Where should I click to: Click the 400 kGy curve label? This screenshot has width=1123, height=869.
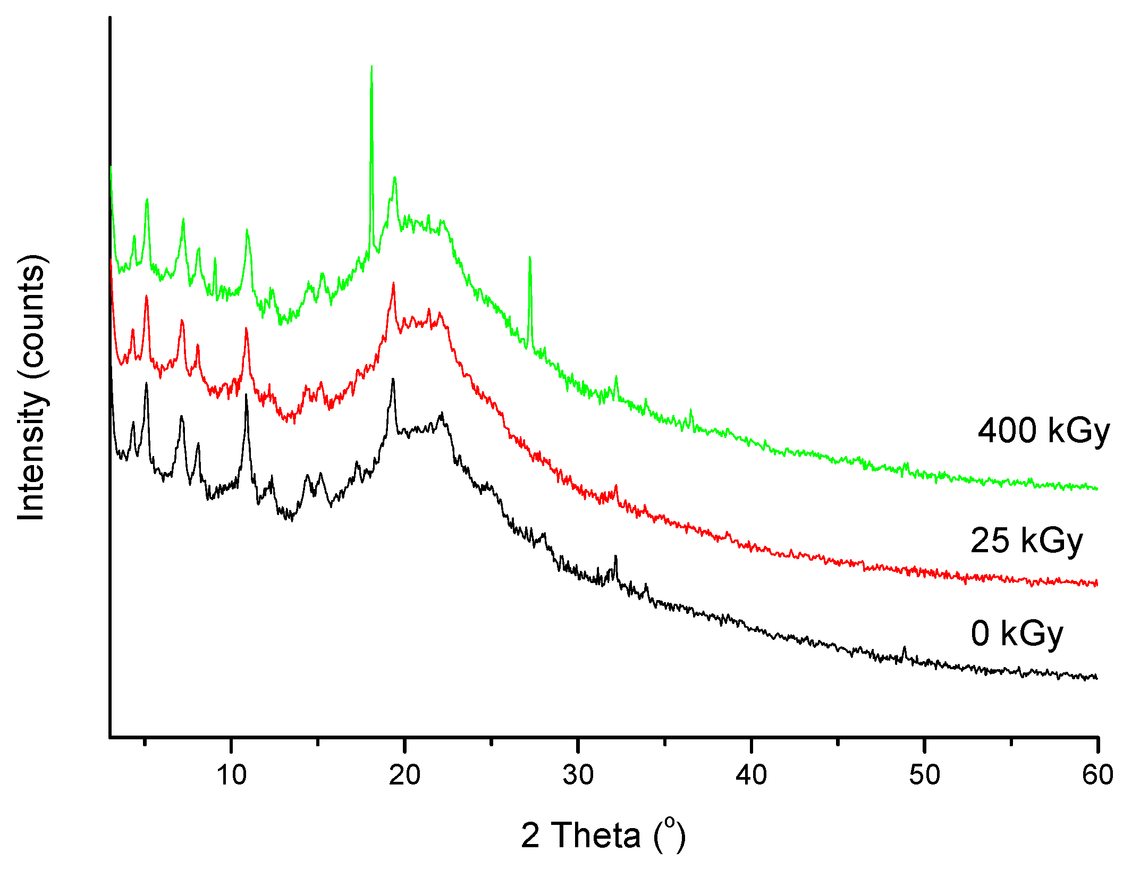pyautogui.click(x=1043, y=431)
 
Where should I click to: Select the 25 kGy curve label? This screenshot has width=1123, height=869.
pyautogui.click(x=1026, y=541)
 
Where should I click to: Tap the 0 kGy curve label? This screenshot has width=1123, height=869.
pyautogui.click(x=1017, y=634)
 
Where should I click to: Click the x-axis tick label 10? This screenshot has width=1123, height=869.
pyautogui.click(x=232, y=775)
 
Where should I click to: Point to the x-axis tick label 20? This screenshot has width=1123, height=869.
pyautogui.click(x=404, y=775)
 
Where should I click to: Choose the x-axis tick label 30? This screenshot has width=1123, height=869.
pyautogui.click(x=578, y=775)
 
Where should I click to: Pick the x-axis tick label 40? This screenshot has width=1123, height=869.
pyautogui.click(x=752, y=775)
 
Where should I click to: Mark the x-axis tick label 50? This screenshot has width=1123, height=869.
pyautogui.click(x=925, y=775)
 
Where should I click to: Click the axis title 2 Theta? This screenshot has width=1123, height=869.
pyautogui.click(x=603, y=835)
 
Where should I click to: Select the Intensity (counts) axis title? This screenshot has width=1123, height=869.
pyautogui.click(x=31, y=388)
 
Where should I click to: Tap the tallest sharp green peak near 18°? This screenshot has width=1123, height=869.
pyautogui.click(x=371, y=68)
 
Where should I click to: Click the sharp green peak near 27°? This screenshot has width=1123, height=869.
pyautogui.click(x=530, y=258)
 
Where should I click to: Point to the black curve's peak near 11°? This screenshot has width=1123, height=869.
pyautogui.click(x=246, y=395)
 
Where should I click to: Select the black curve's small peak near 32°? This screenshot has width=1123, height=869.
pyautogui.click(x=615, y=556)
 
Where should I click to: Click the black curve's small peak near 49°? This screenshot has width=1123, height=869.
pyautogui.click(x=905, y=647)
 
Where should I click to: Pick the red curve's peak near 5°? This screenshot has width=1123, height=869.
pyautogui.click(x=146, y=297)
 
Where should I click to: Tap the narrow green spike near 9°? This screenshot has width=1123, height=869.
pyautogui.click(x=215, y=259)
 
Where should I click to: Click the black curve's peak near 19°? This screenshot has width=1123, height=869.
pyautogui.click(x=393, y=379)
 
